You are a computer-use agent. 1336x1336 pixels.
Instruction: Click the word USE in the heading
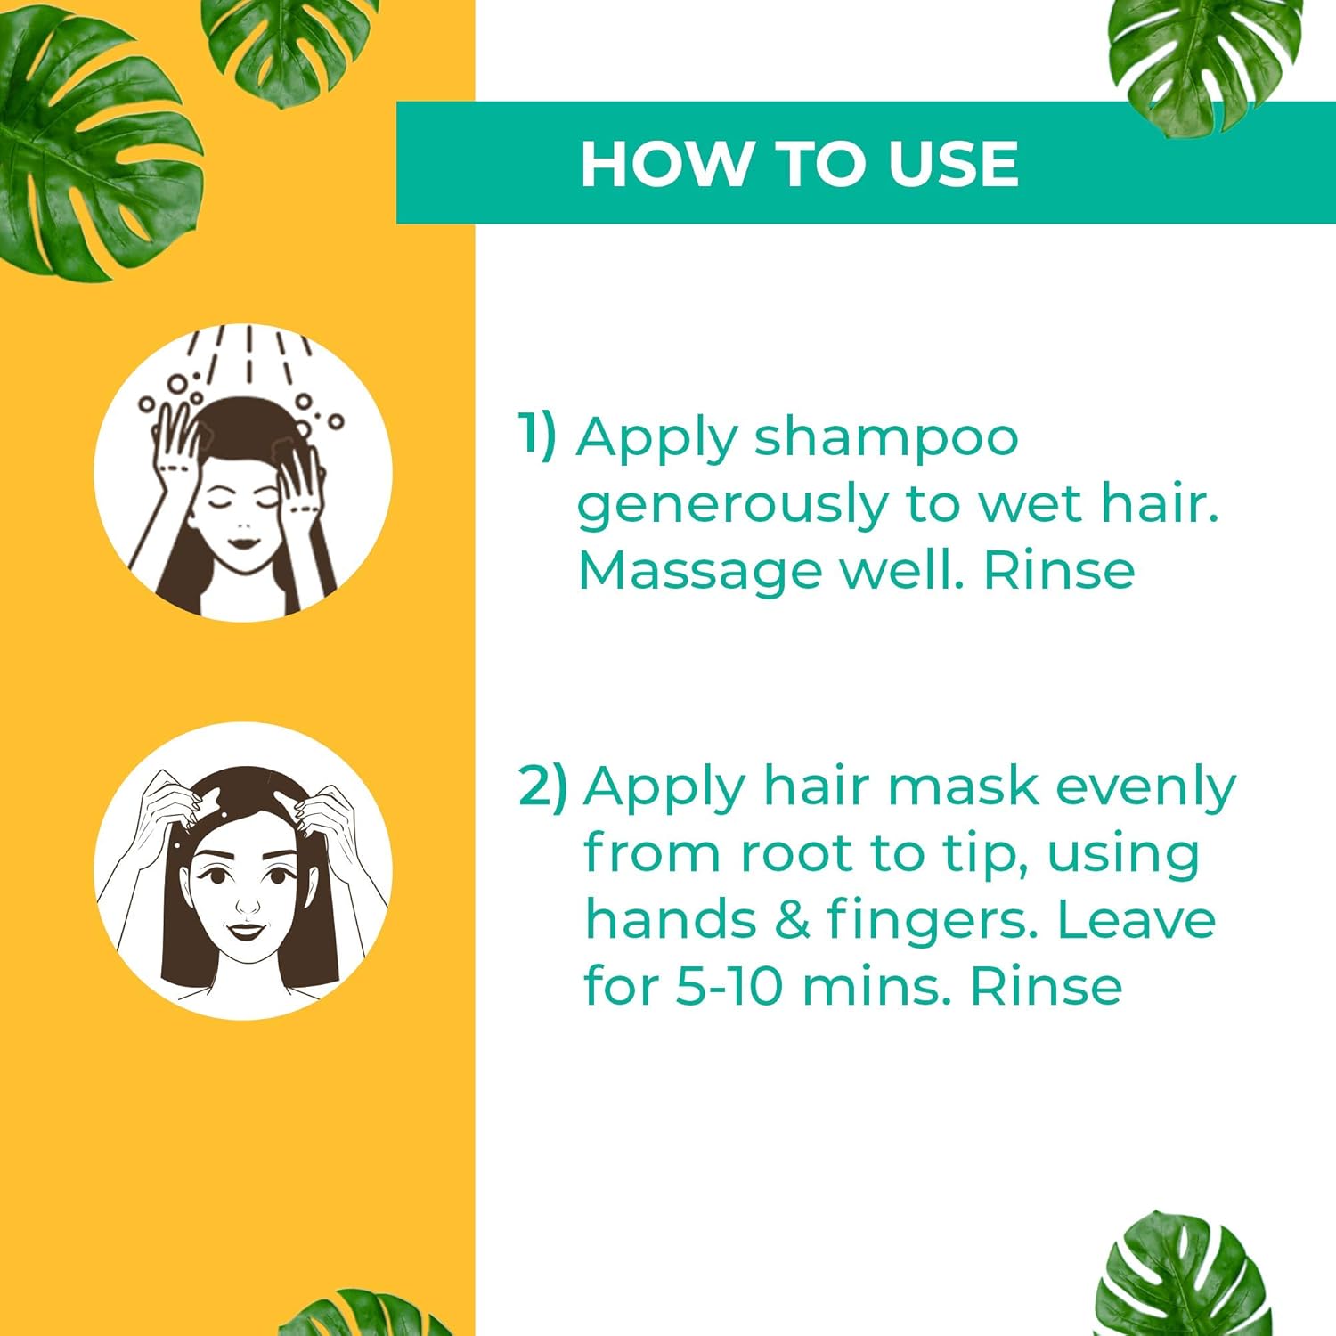953,164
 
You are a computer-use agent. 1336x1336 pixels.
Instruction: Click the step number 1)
537,435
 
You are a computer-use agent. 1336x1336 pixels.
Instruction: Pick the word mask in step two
963,786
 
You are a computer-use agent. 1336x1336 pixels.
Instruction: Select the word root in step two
797,853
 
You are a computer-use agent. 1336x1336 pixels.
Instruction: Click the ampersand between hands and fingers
792,919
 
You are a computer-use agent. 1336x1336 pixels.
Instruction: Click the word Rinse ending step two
1046,986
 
